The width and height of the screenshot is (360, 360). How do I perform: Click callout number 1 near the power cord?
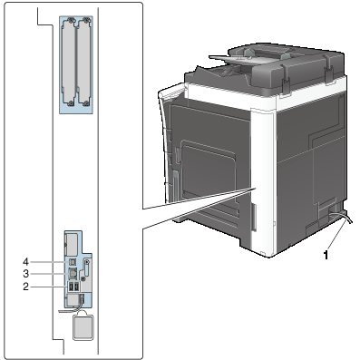[326, 255]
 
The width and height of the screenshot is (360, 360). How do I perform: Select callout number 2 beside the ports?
[26, 287]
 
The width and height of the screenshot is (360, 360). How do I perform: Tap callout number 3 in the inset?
[26, 274]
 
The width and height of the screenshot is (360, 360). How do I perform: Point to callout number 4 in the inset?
[26, 261]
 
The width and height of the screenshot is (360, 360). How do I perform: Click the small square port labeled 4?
[72, 261]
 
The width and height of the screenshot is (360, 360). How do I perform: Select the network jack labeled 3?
[73, 273]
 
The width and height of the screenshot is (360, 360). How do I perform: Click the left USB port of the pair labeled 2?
[71, 287]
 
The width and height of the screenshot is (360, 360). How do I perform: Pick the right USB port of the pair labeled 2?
[76, 287]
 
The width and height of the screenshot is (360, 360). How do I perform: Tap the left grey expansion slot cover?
[68, 63]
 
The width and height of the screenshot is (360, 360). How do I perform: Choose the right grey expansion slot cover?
[84, 63]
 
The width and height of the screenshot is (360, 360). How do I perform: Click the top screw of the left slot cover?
[71, 21]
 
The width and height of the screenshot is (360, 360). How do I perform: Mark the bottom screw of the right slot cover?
[87, 103]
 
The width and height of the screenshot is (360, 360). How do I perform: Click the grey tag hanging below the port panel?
[83, 327]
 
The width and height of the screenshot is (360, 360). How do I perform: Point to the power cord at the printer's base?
[340, 217]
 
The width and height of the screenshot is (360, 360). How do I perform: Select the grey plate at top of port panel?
[71, 244]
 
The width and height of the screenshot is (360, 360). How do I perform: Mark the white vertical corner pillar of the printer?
[263, 181]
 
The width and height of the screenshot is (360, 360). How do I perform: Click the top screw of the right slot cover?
[87, 21]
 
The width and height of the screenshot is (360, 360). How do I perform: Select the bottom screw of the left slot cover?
[71, 103]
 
